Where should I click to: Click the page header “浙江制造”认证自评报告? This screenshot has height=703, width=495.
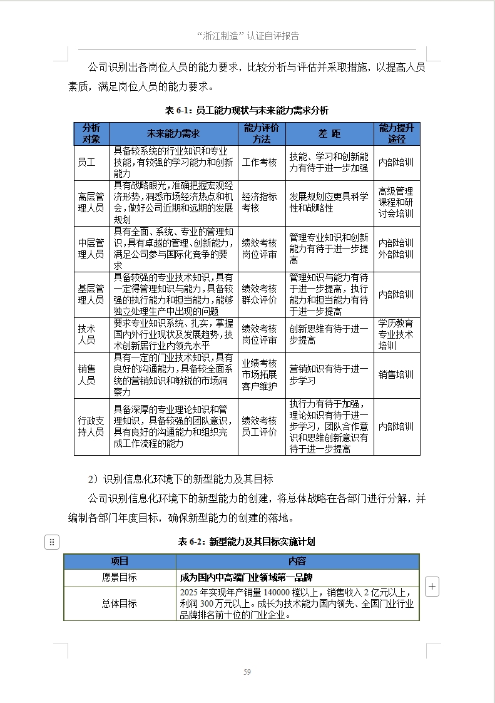click(x=247, y=36)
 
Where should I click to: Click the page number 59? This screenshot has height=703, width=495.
click(x=247, y=672)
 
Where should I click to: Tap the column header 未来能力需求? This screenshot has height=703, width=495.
click(x=173, y=133)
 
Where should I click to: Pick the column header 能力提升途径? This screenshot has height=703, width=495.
click(x=397, y=133)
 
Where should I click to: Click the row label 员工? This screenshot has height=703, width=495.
click(x=87, y=162)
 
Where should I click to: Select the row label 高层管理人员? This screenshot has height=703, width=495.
click(x=91, y=202)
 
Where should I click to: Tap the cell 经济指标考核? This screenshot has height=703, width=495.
click(x=259, y=202)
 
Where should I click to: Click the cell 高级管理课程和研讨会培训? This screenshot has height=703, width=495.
click(x=396, y=202)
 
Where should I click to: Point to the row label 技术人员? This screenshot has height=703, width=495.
click(x=87, y=334)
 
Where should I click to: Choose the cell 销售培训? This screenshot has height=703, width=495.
click(x=396, y=374)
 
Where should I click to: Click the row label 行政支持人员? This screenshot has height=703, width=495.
click(x=91, y=426)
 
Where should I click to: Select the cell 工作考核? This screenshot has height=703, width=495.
click(x=259, y=162)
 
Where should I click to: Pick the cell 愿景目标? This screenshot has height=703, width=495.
click(x=120, y=577)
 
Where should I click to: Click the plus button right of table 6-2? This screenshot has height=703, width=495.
click(x=432, y=587)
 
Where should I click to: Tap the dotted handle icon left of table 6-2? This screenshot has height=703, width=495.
click(x=52, y=542)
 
